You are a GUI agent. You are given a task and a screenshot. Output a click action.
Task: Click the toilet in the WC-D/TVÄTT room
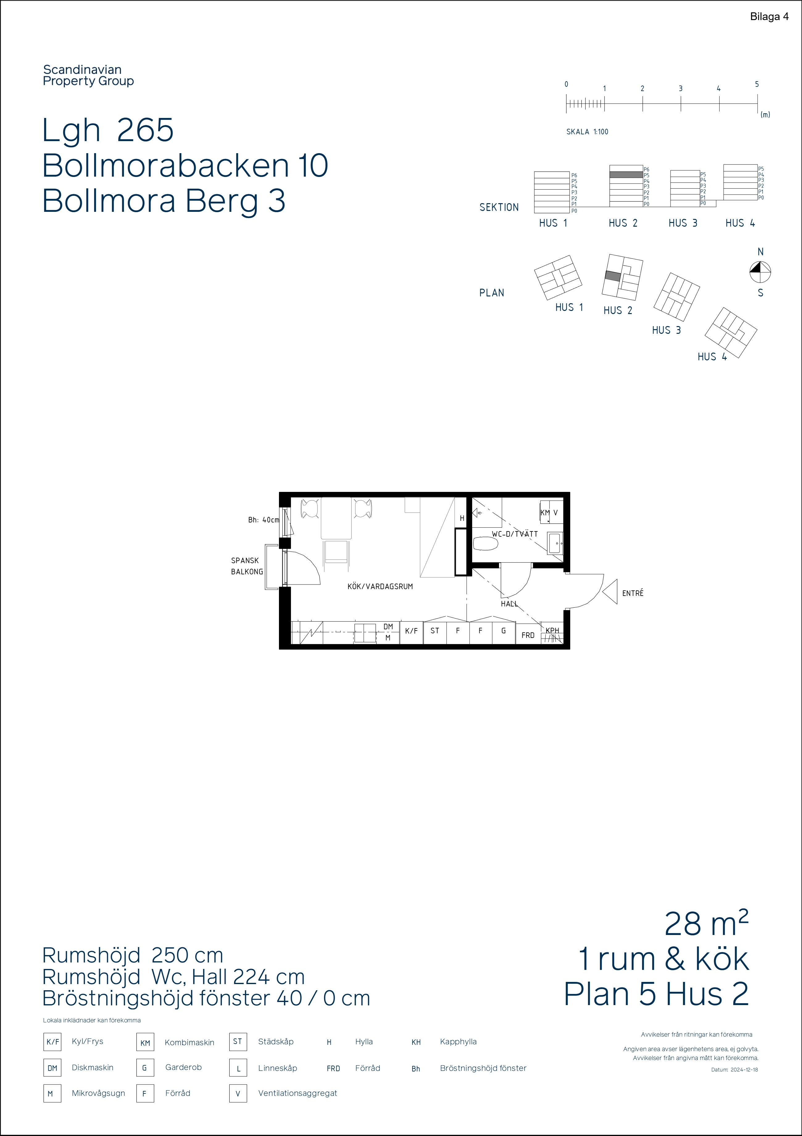pyautogui.click(x=486, y=544)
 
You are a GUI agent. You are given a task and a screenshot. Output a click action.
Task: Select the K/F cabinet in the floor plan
pyautogui.click(x=411, y=632)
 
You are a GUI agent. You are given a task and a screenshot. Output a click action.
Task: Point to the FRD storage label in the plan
pyautogui.click(x=528, y=635)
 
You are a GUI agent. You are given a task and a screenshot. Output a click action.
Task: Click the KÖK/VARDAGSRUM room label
pyautogui.click(x=380, y=586)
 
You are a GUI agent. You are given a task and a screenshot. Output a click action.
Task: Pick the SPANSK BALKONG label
pyautogui.click(x=247, y=566)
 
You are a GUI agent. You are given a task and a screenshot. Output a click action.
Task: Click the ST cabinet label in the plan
pyautogui.click(x=434, y=631)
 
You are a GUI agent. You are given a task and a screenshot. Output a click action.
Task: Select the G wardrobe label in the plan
pyautogui.click(x=503, y=631)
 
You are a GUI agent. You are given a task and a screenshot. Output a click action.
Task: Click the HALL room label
pyautogui.click(x=509, y=604)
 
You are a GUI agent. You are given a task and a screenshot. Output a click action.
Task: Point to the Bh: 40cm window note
pyautogui.click(x=264, y=520)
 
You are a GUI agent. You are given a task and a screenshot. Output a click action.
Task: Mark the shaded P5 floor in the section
pyautogui.click(x=626, y=175)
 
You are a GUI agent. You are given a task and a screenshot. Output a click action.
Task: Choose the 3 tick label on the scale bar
pyautogui.click(x=680, y=89)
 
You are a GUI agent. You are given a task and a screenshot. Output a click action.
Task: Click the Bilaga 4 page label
pyautogui.click(x=769, y=17)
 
